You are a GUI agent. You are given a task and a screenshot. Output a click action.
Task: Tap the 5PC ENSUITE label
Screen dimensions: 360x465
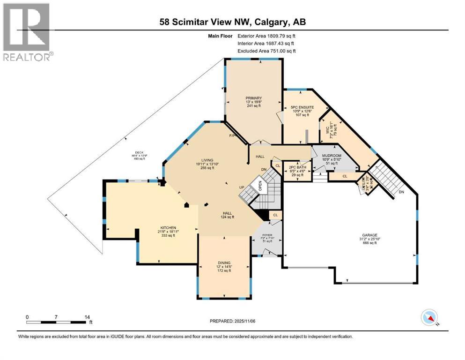pos(302,107)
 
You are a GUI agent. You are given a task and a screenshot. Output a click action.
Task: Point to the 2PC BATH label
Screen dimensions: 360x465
pos(298,167)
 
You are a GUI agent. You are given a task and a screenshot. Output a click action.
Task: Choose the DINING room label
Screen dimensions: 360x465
pos(223,262)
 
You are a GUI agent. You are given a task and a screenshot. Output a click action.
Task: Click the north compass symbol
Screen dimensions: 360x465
pos(429,317)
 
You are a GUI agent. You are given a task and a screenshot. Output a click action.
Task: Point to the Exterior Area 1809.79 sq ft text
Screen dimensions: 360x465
pos(267,35)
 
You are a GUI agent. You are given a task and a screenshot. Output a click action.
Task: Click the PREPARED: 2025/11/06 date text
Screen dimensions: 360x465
pos(232,321)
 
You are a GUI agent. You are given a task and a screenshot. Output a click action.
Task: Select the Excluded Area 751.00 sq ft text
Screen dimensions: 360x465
pos(267,51)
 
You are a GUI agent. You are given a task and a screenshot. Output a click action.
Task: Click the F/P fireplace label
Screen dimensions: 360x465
pos(231,136)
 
